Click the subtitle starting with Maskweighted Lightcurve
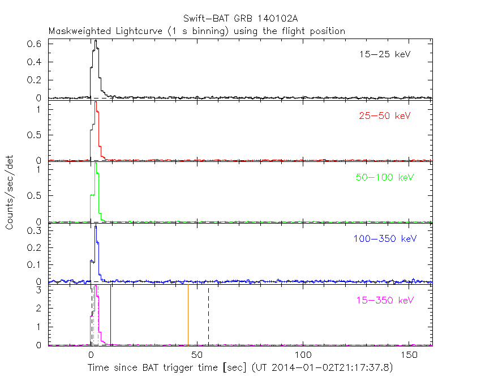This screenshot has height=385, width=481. click(197, 31)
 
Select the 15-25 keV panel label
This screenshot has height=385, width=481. click(385, 55)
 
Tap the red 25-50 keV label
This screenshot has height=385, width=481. click(385, 116)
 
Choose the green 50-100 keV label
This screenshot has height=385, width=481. click(385, 177)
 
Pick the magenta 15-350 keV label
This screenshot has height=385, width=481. click(385, 300)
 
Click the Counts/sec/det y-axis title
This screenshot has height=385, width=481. click(10, 192)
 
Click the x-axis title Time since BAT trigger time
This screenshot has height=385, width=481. click(239, 368)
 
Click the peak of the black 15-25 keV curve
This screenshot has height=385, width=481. click(96, 41)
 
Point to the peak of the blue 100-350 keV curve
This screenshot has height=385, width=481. click(96, 226)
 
